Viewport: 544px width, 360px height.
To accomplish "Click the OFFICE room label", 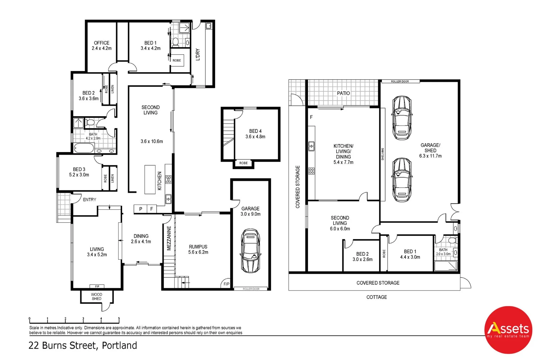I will coord(101,43).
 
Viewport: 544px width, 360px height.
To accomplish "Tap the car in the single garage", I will coord(250,250).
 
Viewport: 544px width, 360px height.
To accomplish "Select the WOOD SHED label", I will coord(96,296).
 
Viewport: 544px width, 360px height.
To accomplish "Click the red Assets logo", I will coord(508,330).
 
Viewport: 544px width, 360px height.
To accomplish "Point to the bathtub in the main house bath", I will coord(83,148).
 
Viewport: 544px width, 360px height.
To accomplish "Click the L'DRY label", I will coord(198,54).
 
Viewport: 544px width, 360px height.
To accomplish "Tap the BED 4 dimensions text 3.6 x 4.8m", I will coord(255,137).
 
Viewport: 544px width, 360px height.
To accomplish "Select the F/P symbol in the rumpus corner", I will coord(226,284).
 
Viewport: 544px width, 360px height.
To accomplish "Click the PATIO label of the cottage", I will coord(343,93).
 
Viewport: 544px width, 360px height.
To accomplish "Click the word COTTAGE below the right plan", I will coord(377,297).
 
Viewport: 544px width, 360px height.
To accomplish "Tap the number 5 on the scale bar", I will coord(119,319).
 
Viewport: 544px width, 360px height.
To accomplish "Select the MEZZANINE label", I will coord(169,238).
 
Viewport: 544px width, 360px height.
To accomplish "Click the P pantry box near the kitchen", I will coord(140,209).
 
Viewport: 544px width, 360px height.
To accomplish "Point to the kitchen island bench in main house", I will coord(150,179).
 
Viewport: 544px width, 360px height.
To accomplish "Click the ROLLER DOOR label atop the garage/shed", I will coord(400,81).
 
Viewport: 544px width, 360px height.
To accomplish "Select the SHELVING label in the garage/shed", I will coord(383,154).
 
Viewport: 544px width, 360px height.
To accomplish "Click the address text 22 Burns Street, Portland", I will coord(83,345).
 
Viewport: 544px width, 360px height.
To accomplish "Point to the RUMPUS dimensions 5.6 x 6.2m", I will coord(198,252).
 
